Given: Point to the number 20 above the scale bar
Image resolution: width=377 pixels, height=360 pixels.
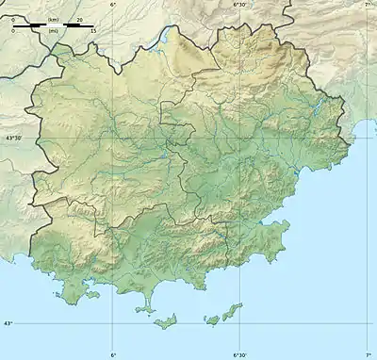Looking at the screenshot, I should point(79,19).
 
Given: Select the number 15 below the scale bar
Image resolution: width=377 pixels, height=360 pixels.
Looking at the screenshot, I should point(93,31).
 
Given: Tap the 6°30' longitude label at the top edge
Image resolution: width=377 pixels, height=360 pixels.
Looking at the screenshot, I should point(241,6).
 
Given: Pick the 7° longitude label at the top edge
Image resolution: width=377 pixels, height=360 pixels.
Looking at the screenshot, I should point(368,6).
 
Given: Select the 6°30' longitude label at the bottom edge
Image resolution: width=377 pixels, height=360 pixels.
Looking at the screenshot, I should point(241,354).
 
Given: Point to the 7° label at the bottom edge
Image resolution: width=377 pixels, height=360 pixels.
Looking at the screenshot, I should point(368,354).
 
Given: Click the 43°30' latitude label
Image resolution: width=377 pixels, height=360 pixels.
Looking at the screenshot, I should point(13,138).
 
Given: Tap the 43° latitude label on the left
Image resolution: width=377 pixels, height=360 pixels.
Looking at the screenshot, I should point(8,323).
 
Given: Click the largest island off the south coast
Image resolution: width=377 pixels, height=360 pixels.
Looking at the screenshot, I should point(169,321).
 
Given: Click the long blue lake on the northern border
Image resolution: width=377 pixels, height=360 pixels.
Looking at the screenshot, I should point(166,39).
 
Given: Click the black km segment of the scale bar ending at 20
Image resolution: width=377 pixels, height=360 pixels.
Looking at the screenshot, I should point(66,25).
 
